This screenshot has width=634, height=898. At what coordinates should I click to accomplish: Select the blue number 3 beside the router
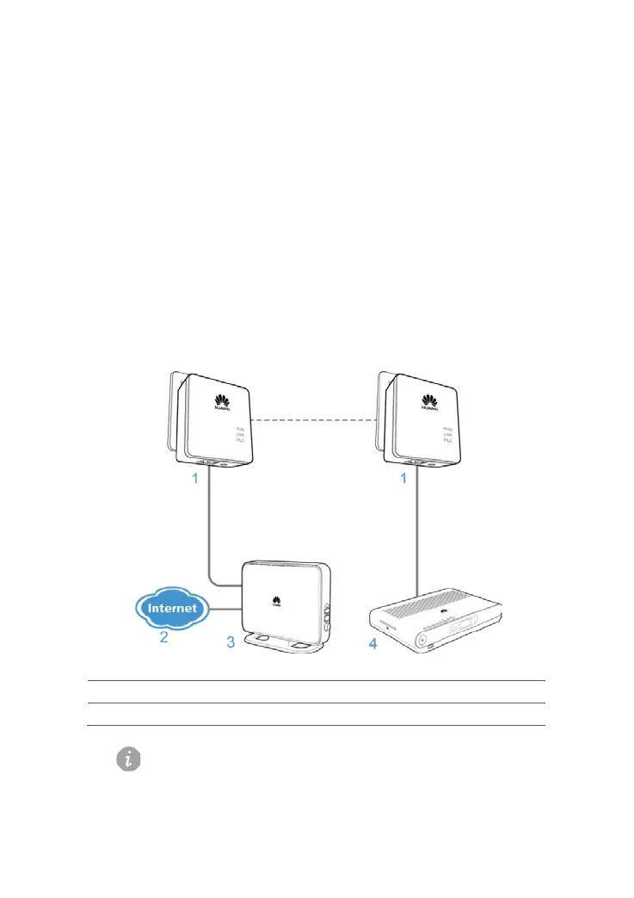coord(231,642)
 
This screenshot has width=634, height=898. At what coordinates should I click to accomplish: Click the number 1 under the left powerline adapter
coord(196,478)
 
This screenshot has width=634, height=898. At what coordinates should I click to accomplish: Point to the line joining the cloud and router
coord(225,609)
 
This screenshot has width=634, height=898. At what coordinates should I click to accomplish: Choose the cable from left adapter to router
coord(212,534)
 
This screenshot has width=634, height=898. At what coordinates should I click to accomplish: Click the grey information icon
coord(129,759)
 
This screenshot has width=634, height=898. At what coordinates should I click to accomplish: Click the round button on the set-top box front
coord(422,640)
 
